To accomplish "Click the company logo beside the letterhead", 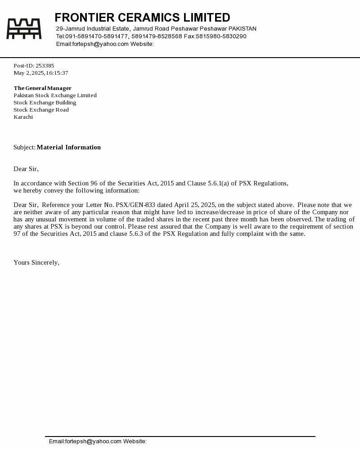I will (24, 29).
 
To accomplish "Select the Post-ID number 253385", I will (45, 66).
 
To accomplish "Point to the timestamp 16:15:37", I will (57, 73).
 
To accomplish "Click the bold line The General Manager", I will (43, 88).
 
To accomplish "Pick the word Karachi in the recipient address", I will (23, 117).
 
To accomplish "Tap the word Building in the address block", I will (66, 103).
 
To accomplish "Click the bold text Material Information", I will (69, 147).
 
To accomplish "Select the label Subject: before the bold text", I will (24, 147).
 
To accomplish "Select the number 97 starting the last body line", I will (17, 234).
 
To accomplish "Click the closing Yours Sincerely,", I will (36, 262).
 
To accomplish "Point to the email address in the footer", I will (85, 441).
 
